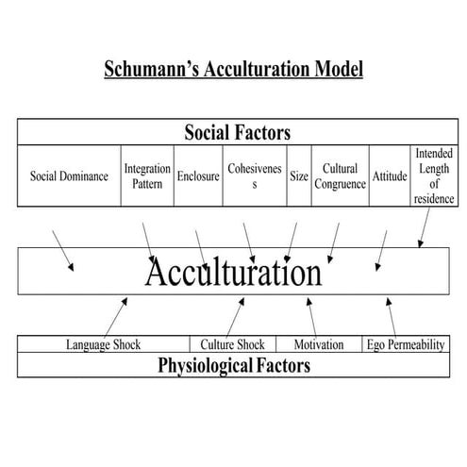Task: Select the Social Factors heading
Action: point(237,130)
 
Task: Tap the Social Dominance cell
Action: point(69,175)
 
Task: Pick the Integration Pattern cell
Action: point(147,175)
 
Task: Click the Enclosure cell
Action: point(198,175)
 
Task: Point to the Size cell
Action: point(298,175)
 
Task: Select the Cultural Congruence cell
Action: point(339,175)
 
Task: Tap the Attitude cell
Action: point(389,175)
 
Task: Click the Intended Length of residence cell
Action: point(434,175)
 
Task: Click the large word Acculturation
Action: point(233,273)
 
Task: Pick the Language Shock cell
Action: point(103,344)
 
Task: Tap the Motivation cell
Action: point(318,344)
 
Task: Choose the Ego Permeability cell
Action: point(405,344)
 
